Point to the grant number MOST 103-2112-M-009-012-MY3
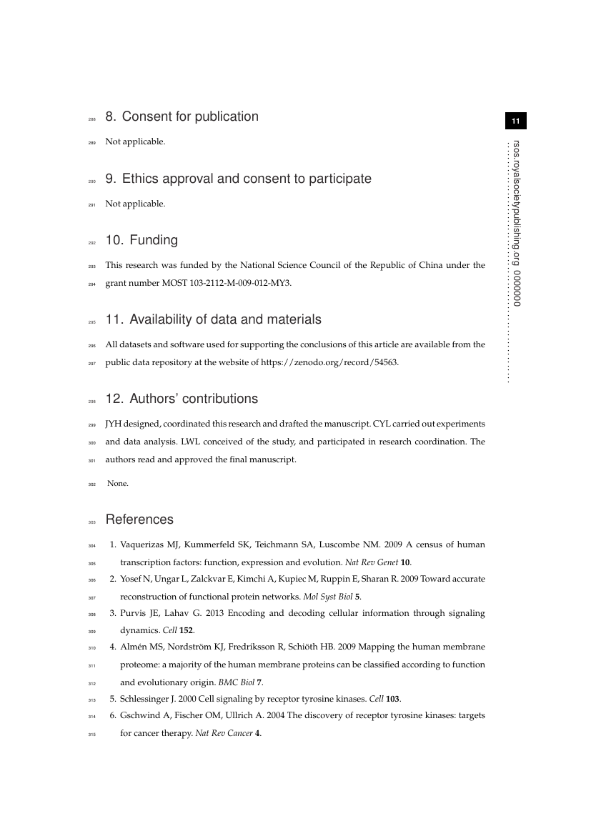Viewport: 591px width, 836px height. (229, 283)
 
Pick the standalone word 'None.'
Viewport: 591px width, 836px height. (118, 484)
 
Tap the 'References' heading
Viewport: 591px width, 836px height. (139, 519)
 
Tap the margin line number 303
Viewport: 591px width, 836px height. (91, 521)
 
